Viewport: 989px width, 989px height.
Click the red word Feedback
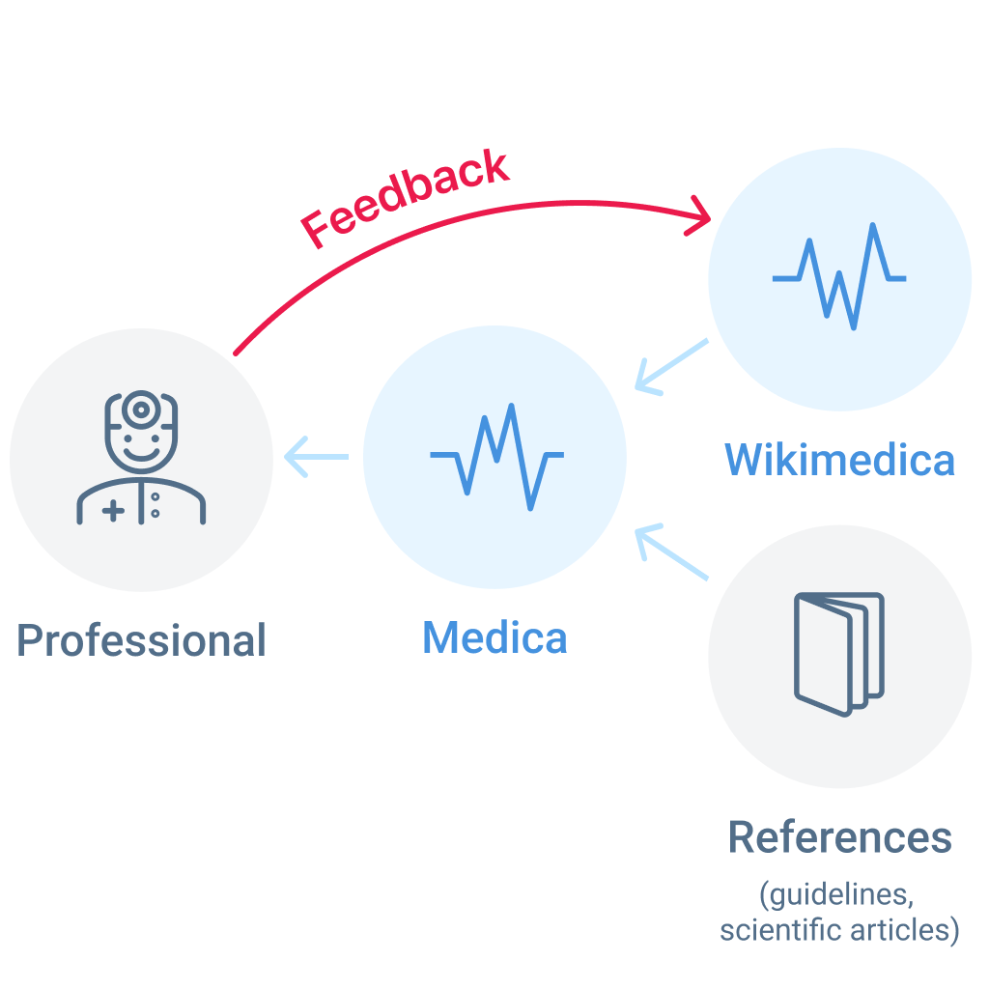point(405,198)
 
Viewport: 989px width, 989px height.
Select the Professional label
point(141,640)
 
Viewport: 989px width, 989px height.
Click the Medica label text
point(494,637)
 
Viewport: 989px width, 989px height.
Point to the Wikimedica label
point(839,460)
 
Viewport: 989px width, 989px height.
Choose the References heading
point(839,837)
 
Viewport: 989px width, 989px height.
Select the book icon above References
point(839,654)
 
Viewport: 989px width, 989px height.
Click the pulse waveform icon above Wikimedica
point(839,277)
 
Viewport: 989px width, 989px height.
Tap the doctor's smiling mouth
point(141,452)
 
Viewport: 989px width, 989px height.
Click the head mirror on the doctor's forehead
point(141,410)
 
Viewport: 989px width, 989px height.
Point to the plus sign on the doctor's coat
point(112,511)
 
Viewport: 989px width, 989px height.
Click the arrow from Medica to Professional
point(317,457)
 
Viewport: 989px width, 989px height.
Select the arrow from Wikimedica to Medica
point(671,366)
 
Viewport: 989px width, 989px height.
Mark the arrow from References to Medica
point(671,551)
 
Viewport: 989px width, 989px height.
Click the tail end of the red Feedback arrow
point(238,352)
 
